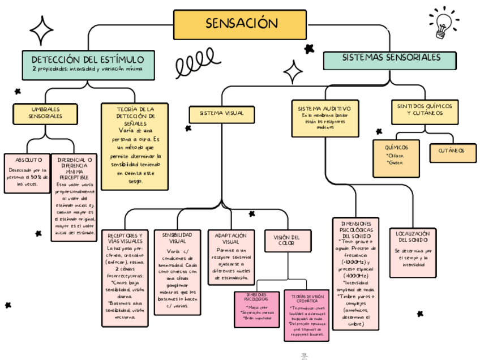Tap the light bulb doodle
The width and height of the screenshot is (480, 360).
[442, 24]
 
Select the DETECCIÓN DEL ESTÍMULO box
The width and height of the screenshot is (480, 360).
[87, 64]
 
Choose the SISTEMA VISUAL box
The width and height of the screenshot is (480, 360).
[221, 114]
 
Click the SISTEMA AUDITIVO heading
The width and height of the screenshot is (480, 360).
[324, 108]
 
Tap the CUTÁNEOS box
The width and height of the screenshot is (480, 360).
[451, 151]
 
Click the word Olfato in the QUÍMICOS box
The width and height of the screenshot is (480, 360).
[395, 155]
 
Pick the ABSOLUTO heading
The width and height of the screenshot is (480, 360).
[28, 160]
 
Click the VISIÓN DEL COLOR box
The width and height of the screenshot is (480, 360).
[287, 240]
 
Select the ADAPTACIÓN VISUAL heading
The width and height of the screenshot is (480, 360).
[231, 238]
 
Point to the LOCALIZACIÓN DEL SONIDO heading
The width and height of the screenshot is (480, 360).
[413, 237]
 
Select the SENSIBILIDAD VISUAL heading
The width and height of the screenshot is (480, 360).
[177, 238]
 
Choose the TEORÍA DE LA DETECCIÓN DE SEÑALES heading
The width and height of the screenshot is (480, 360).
[135, 115]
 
